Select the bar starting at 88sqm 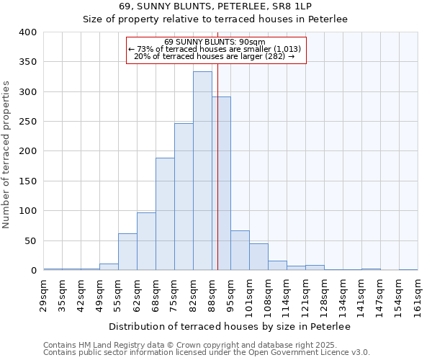[x=221, y=184]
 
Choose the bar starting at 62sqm [x=146, y=241]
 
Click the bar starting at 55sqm [x=127, y=252]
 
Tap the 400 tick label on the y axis [x=28, y=32]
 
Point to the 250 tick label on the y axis [x=28, y=122]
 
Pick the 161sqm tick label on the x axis [x=418, y=294]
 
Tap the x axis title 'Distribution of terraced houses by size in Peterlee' [x=230, y=327]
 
